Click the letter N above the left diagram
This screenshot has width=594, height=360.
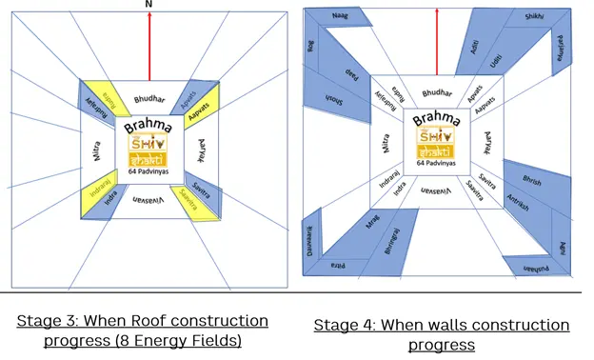148,5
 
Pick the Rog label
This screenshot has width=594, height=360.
312,49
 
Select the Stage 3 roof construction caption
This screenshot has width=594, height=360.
143,330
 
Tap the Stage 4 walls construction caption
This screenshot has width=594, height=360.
441,334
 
